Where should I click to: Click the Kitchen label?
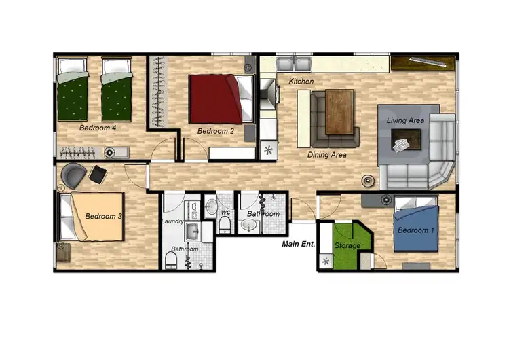tap(301, 82)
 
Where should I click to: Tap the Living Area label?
tap(405, 120)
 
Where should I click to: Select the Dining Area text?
tap(327, 155)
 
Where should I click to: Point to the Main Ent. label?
tap(299, 245)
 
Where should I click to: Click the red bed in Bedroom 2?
tap(215, 99)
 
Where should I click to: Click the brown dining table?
tap(340, 112)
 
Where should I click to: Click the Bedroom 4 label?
tap(98, 128)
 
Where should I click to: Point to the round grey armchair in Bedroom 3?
tap(73, 176)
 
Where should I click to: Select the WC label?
tap(225, 213)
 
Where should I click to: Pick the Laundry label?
tap(173, 221)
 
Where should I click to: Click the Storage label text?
tap(347, 245)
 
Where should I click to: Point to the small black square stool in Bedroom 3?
tap(98, 175)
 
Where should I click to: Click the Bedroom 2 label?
tap(216, 131)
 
